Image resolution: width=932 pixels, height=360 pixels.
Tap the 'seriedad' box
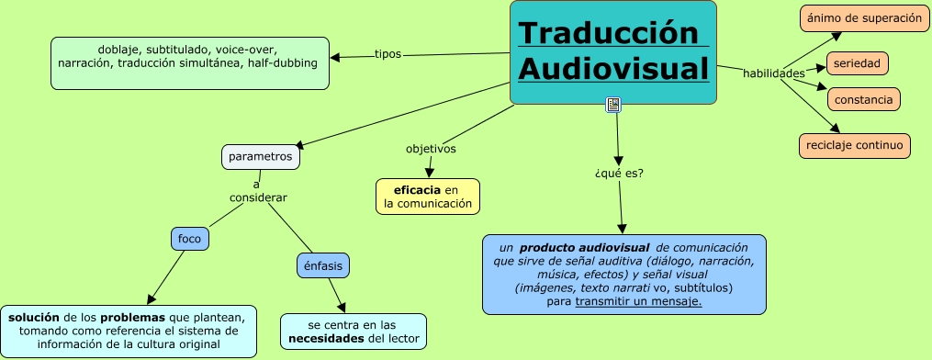coord(857,63)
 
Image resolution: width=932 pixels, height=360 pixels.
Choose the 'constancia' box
coord(863,98)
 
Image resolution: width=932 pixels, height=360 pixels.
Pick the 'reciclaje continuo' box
coord(855,145)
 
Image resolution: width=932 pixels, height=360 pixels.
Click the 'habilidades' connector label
coord(773,73)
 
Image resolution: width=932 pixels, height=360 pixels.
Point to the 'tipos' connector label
coord(388,54)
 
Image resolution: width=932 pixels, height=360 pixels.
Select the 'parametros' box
coord(261,157)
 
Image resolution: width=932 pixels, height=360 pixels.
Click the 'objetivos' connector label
coord(431,148)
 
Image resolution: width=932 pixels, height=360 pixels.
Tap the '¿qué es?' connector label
coord(619,172)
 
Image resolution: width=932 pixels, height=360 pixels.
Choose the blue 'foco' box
coord(190,239)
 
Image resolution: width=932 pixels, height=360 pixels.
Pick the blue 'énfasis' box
coord(323,265)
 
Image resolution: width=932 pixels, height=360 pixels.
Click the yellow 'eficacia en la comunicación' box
coord(428,197)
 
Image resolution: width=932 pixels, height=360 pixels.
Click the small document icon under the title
coord(613,105)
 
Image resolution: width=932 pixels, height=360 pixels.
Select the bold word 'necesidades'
coord(327,339)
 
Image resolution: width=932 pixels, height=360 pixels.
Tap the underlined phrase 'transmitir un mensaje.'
coord(638,300)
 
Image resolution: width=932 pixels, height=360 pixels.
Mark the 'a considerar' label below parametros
coord(258,191)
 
